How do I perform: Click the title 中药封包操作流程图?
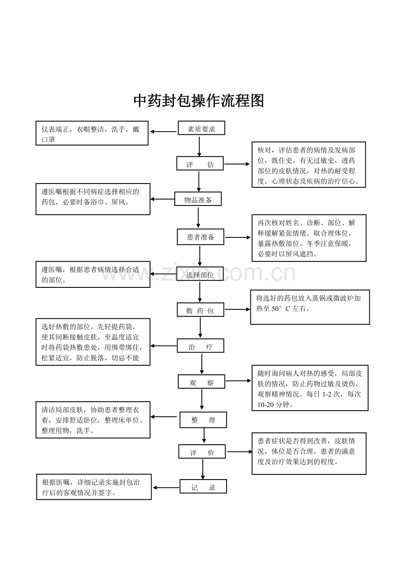tap(198, 101)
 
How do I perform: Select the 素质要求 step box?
tap(202, 128)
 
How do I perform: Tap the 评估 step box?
tap(200, 164)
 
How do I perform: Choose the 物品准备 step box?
tap(198, 199)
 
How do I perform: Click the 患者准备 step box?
tap(200, 237)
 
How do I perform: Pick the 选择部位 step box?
tap(200, 274)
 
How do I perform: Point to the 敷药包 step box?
tap(200, 310)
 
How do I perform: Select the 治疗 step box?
tap(200, 346)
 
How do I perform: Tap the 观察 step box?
tap(202, 382)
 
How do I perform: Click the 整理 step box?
tap(203, 420)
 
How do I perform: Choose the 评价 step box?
tap(202, 452)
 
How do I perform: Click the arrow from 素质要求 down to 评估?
tap(199, 146)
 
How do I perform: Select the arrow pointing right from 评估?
tap(237, 164)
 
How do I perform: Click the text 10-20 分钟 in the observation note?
tap(273, 405)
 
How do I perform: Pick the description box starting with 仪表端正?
tap(92, 133)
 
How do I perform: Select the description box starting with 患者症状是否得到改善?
tap(309, 454)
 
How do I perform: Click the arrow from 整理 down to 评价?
tap(204, 436)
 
